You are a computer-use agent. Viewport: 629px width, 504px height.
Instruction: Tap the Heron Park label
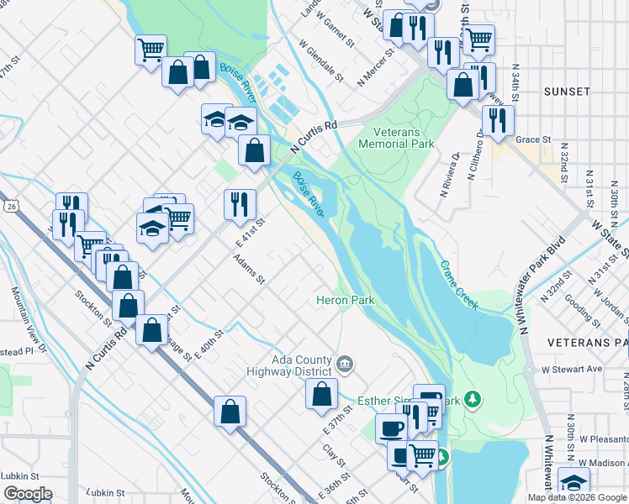(345, 300)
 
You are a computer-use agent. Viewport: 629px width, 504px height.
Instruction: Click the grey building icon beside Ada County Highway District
(345, 364)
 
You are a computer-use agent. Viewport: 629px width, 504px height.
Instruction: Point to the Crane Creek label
(458, 284)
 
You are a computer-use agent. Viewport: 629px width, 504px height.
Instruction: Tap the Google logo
(27, 494)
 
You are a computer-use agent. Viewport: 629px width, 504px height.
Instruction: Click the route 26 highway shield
(10, 205)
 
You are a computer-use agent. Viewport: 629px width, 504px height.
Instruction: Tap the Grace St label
(533, 139)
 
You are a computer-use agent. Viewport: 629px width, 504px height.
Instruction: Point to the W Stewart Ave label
(572, 369)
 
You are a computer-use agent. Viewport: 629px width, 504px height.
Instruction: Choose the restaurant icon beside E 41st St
(240, 202)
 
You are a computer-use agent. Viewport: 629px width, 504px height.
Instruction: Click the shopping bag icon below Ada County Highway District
(321, 393)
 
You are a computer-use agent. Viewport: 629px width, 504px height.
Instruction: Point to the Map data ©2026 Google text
(576, 497)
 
